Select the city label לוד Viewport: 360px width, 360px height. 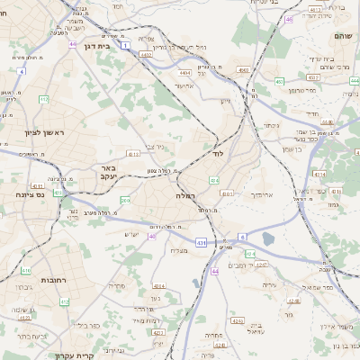click(x=218, y=154)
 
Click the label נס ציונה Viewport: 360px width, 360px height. click(x=30, y=193)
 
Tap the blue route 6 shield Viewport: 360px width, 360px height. click(x=241, y=237)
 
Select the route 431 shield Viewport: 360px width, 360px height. click(x=201, y=243)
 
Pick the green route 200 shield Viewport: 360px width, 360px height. click(x=125, y=201)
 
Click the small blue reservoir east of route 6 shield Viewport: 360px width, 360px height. click(x=269, y=238)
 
